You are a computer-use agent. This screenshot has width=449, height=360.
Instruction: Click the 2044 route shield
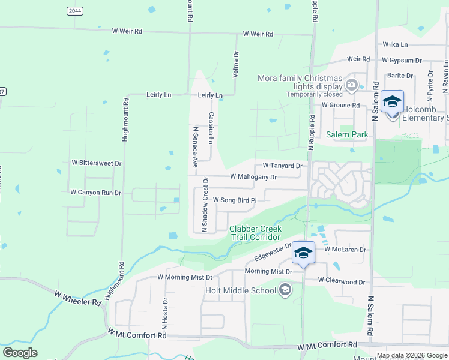coord(75,11)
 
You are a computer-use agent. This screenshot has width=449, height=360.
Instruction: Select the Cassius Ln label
coord(211,128)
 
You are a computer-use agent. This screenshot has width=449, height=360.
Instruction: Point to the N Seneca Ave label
coord(194,146)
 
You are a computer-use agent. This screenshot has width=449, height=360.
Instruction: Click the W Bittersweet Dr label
coord(97,163)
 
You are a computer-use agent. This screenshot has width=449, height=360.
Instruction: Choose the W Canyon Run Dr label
coord(95,193)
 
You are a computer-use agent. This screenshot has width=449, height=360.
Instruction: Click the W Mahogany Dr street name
coord(253,177)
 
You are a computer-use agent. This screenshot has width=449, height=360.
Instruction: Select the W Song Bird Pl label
coord(235,200)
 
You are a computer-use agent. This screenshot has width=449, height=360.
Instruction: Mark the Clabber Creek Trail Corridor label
coord(255,233)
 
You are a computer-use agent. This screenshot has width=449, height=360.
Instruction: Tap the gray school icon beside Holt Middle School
coord(285,291)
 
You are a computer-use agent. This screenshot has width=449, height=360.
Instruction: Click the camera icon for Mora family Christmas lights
coord(352,86)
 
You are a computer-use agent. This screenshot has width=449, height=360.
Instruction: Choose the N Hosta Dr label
coord(164,314)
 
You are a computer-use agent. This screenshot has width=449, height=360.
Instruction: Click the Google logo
coord(20,353)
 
